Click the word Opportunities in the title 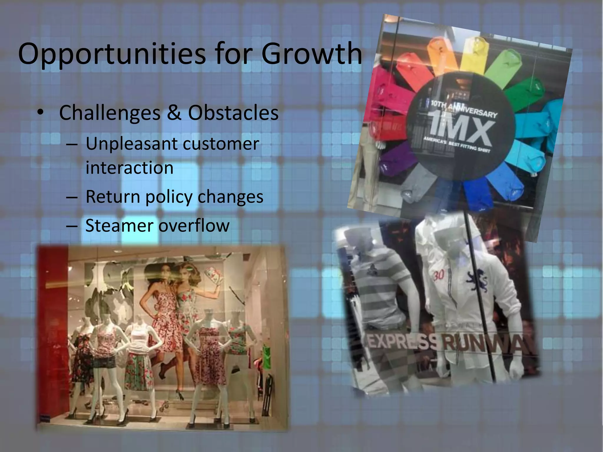(112, 54)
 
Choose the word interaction (129, 168)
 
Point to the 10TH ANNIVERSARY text (464, 109)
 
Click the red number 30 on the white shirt (439, 275)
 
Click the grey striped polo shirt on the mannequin (380, 282)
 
